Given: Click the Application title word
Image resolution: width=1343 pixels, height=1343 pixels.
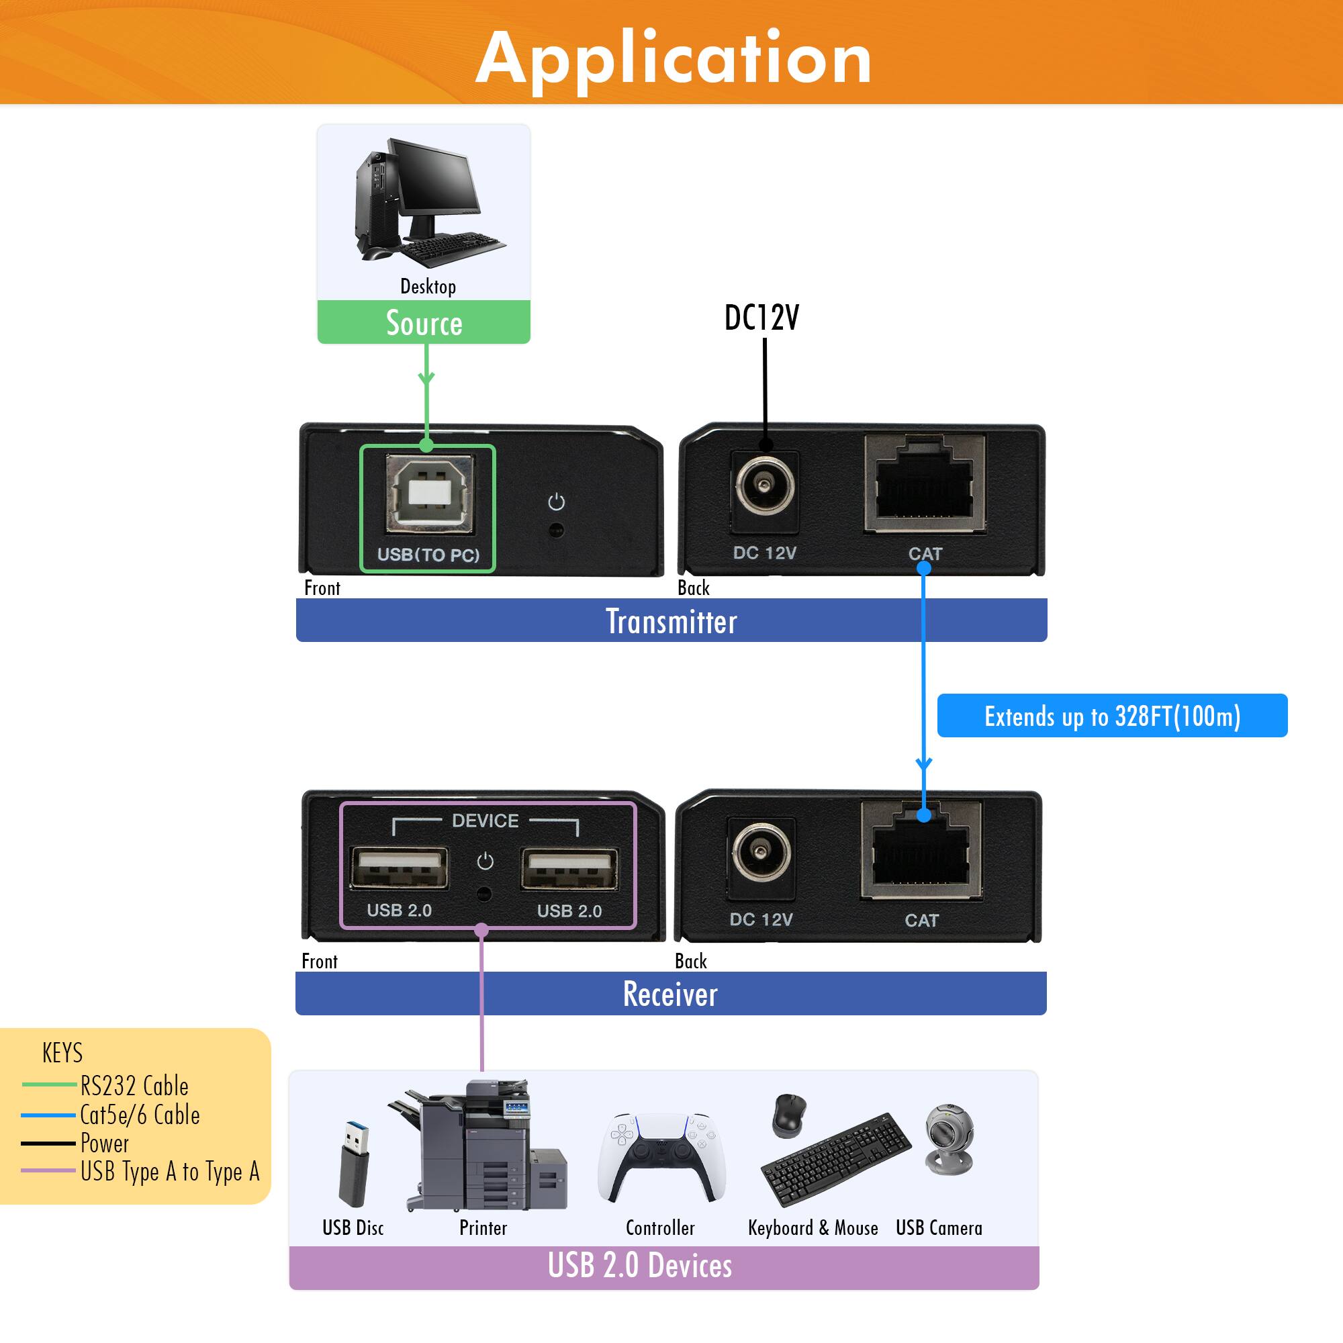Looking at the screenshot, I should click(x=673, y=59).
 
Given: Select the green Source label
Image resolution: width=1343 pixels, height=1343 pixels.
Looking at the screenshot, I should click(x=424, y=323).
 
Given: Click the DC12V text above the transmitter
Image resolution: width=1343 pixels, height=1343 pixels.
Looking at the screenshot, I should click(x=761, y=318).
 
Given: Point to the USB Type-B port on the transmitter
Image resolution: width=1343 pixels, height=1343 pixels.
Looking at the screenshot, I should click(x=430, y=494).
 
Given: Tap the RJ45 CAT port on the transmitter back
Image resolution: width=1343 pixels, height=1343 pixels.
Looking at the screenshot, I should click(x=924, y=485).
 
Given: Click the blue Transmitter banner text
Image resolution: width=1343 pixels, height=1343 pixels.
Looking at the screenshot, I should click(x=671, y=620).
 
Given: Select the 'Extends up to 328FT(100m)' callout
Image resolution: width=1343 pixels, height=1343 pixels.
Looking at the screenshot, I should click(x=1111, y=716).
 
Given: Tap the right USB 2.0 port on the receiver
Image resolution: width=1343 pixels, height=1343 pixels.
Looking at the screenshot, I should click(x=569, y=868).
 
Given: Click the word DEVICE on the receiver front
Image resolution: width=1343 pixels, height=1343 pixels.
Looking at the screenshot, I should click(x=485, y=821).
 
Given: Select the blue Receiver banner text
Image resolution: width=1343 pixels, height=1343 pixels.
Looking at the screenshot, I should click(x=670, y=994).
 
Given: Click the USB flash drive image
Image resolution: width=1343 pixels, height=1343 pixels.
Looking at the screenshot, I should click(x=354, y=1164).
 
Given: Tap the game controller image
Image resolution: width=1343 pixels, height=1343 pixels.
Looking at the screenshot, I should click(x=660, y=1158).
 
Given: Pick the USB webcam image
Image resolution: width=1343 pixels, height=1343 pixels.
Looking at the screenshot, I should click(x=950, y=1140).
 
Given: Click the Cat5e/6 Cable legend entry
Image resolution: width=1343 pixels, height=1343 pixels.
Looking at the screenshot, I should click(x=139, y=1115).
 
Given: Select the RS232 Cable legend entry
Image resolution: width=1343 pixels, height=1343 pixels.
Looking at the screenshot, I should click(x=134, y=1086).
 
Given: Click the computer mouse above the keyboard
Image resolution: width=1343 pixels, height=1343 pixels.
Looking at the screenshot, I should click(x=789, y=1115).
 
